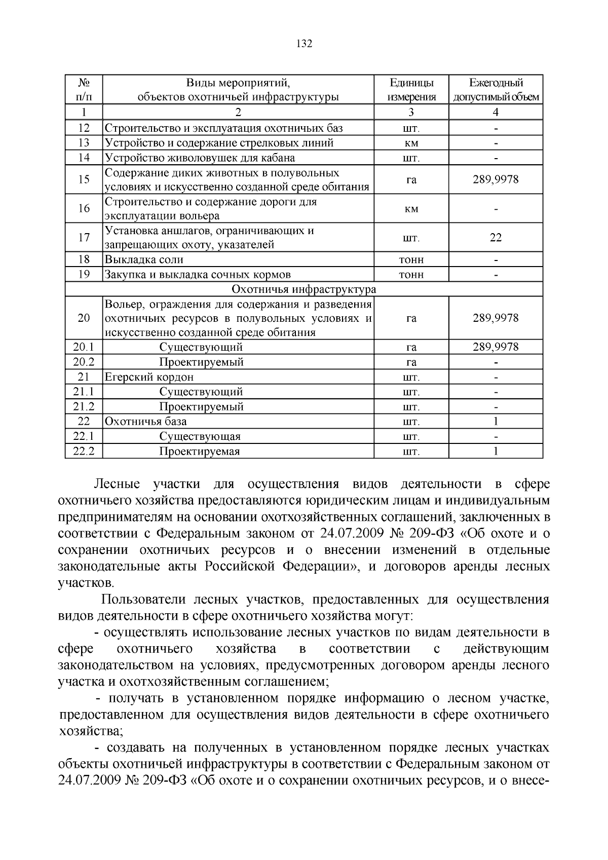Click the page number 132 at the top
tap(303, 44)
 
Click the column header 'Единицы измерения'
tap(411, 90)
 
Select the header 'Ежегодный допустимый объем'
tap(496, 90)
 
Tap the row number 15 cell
tap(84, 179)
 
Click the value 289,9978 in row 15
tap(496, 179)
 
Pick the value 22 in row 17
tap(496, 238)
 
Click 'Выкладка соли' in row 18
tap(144, 260)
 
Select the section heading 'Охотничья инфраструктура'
tap(303, 289)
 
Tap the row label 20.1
tap(84, 347)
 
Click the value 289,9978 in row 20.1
tap(496, 347)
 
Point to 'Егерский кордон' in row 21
tap(149, 377)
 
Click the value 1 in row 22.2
tap(496, 451)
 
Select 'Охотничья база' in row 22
tap(145, 422)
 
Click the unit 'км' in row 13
tap(411, 143)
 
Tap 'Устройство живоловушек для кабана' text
tap(200, 158)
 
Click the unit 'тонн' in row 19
tap(411, 275)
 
